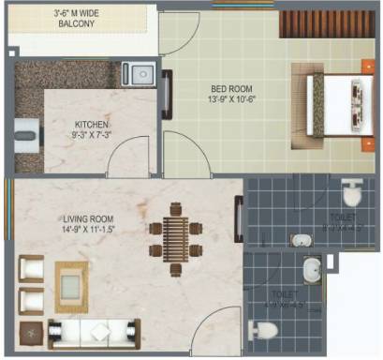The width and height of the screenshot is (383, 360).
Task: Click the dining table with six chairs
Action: point(175,241)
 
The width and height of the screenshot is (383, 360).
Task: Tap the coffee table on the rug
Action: point(70,281)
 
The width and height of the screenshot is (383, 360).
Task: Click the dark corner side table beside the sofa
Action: point(30,331)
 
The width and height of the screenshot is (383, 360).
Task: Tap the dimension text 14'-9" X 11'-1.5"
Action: point(87,229)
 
